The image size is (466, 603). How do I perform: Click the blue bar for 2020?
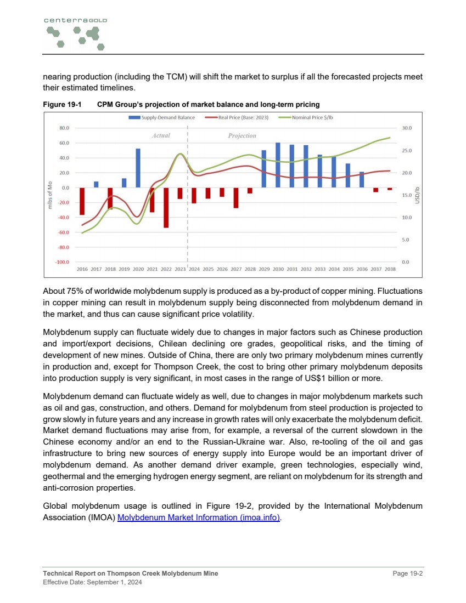(x=138, y=168)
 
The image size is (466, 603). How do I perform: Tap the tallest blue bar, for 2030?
(x=278, y=165)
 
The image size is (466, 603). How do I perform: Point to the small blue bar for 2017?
(x=96, y=185)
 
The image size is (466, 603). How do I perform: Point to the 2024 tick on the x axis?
(x=194, y=269)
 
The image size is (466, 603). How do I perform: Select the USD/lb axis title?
(x=417, y=195)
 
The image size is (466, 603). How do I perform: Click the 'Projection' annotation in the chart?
(x=242, y=135)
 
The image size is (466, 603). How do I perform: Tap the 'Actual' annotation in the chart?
(x=161, y=135)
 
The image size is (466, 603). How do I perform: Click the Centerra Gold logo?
(x=75, y=33)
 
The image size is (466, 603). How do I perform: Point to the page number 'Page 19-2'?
(x=407, y=573)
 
